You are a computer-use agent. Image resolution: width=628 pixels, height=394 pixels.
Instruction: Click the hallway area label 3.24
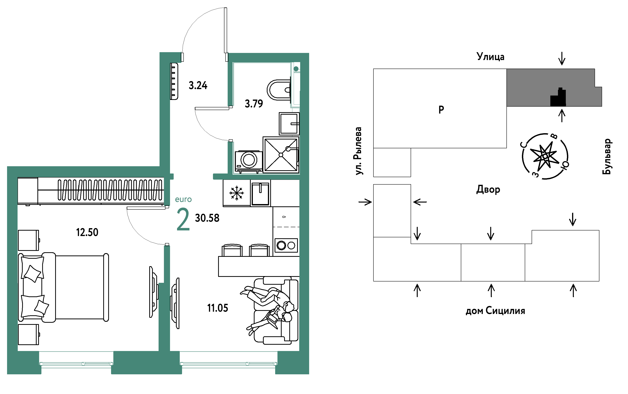[198, 85]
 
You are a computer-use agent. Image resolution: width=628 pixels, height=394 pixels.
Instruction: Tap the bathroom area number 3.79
[254, 104]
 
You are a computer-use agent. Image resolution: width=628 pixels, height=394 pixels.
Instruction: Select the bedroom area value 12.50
[87, 232]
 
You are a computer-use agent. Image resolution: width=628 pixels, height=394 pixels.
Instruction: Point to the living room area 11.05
[218, 308]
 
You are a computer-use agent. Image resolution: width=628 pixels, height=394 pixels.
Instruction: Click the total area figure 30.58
[207, 218]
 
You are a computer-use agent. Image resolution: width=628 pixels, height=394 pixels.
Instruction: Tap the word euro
[183, 199]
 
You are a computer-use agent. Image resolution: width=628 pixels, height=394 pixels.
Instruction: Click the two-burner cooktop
[286, 245]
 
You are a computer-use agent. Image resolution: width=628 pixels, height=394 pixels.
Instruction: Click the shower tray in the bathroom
[281, 155]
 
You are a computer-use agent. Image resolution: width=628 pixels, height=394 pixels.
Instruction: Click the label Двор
[488, 189]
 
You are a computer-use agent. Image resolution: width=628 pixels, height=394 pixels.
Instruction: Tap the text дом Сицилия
[495, 311]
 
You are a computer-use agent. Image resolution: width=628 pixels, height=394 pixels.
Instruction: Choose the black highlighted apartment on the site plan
[558, 97]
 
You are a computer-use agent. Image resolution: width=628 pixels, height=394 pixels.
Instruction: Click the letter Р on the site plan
[441, 109]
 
